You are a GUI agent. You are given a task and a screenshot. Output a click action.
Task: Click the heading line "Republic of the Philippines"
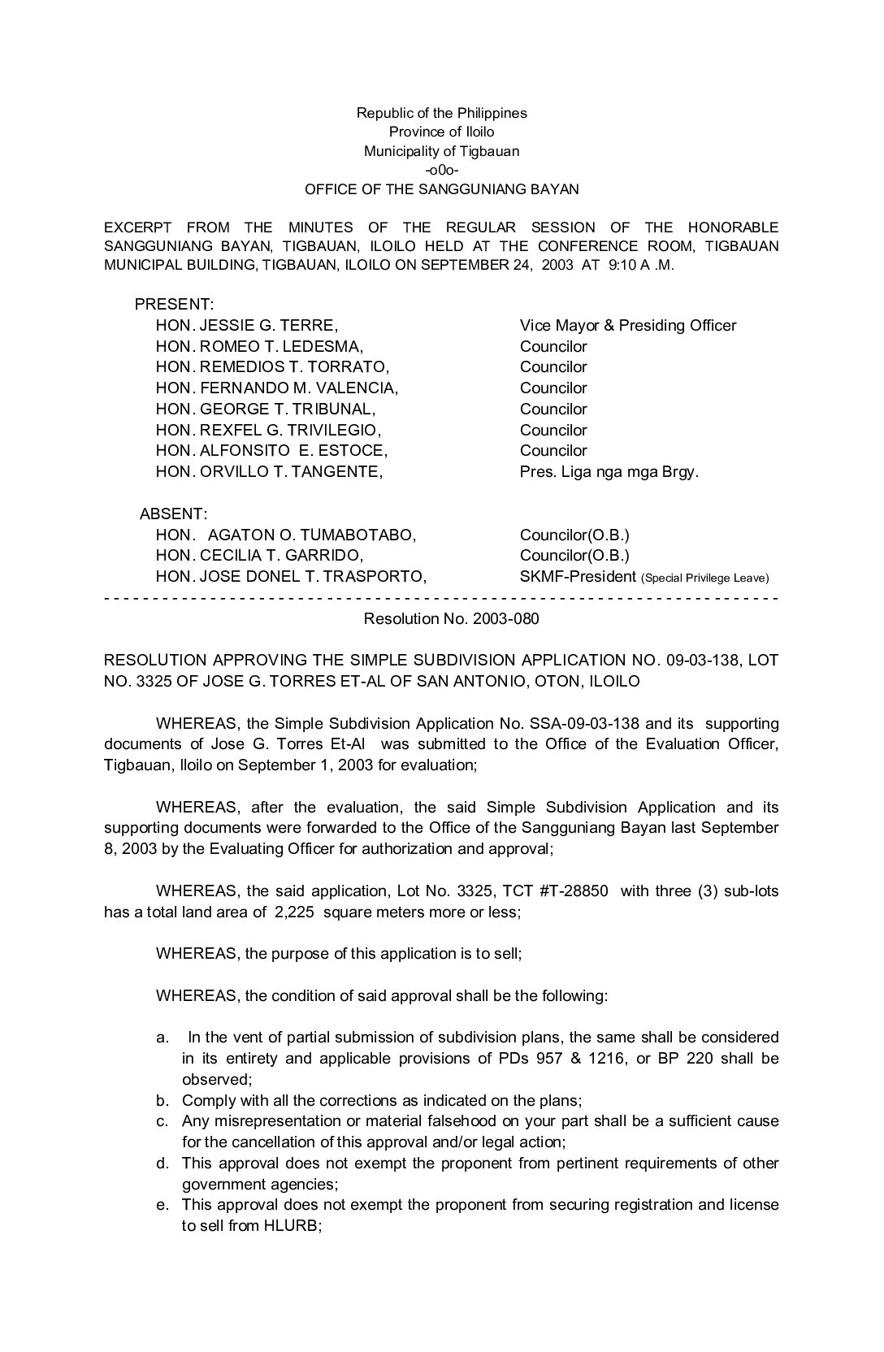pyautogui.click(x=441, y=113)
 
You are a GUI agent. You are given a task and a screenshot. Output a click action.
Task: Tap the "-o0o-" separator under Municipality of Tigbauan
pyautogui.click(x=441, y=171)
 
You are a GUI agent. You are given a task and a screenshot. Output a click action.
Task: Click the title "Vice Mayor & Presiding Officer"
pyautogui.click(x=628, y=326)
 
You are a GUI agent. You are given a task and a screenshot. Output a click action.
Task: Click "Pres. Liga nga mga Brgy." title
pyautogui.click(x=609, y=472)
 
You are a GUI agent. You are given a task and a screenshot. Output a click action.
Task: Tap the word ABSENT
pyautogui.click(x=173, y=514)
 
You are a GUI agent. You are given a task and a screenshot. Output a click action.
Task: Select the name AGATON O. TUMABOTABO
pyautogui.click(x=311, y=535)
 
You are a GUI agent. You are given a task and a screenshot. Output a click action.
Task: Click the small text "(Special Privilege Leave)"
pyautogui.click(x=704, y=578)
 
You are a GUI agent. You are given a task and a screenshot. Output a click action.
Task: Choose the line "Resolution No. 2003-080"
pyautogui.click(x=452, y=619)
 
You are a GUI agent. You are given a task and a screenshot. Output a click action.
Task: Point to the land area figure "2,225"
pyautogui.click(x=292, y=912)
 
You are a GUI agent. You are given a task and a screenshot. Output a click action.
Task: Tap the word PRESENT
pyautogui.click(x=174, y=305)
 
